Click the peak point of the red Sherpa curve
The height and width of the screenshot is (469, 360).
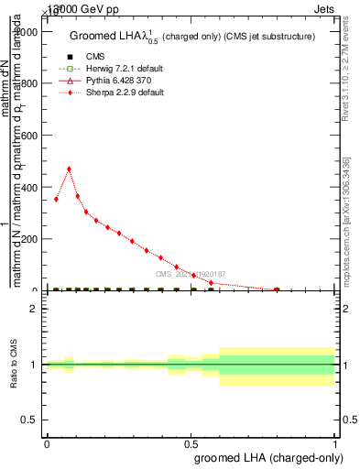tap(69, 169)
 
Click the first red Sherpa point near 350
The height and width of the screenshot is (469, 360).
tap(56, 199)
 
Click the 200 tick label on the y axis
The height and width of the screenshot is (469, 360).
tap(31, 239)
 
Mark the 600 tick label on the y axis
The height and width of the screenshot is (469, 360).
tap(31, 135)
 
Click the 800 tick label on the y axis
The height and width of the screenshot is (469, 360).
tap(31, 82)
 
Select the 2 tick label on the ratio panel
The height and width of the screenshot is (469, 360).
tap(34, 309)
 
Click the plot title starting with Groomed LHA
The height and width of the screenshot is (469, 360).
tap(192, 36)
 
